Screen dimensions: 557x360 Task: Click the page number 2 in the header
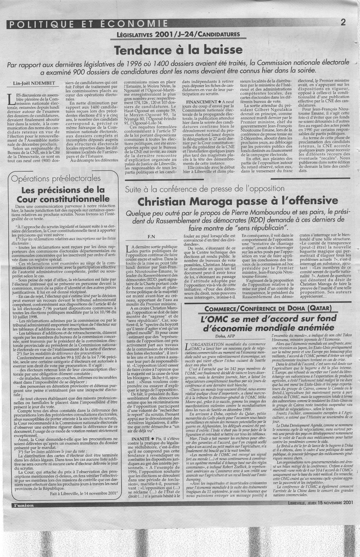(x=343, y=23)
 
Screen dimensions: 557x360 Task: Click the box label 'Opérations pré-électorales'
(x=56, y=179)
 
